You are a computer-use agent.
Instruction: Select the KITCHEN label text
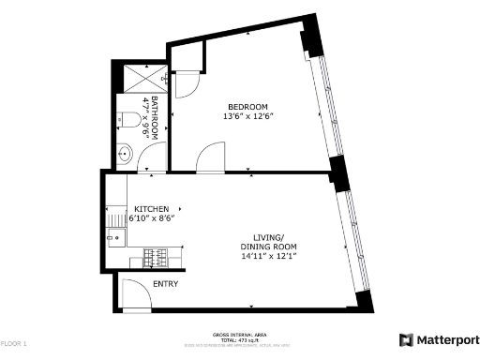151,208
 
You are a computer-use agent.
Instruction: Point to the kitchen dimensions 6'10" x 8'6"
151,218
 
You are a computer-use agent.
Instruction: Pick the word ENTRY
165,283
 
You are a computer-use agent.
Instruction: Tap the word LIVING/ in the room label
266,237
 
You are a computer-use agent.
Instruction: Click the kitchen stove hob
157,255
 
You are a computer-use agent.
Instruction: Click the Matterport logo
439,339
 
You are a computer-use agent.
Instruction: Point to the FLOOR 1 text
13,344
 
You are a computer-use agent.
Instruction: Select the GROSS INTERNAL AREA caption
241,333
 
